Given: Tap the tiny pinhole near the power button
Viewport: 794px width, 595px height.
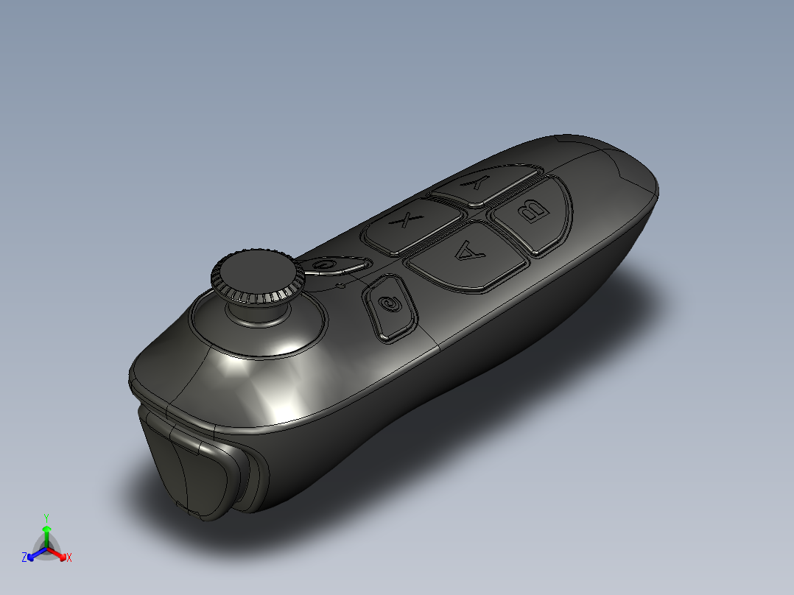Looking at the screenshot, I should (x=340, y=284).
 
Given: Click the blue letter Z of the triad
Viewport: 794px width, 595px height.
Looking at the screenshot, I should (x=25, y=558).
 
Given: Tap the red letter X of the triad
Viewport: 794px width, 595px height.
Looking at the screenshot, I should (x=69, y=558).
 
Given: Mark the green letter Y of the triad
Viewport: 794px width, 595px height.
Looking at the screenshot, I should (x=46, y=518).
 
